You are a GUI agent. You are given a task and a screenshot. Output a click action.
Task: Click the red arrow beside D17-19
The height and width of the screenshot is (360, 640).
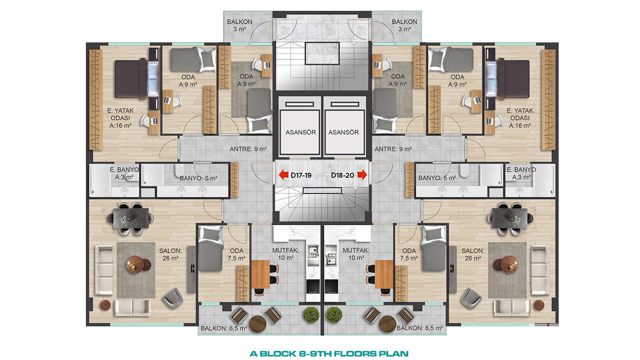pos(283,175)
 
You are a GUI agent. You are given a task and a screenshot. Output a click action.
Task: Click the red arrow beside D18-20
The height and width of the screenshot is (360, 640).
pos(362,175)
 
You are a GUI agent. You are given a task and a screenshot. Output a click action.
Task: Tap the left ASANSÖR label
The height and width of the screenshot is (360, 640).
pos(301,132)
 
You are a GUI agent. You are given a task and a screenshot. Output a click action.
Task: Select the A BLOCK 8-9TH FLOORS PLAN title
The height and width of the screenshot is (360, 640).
pos(329,354)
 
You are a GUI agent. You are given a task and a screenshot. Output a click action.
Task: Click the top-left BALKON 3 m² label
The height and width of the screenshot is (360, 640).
pos(240,26)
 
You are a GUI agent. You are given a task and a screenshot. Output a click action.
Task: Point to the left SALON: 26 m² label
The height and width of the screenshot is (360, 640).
pos(170,254)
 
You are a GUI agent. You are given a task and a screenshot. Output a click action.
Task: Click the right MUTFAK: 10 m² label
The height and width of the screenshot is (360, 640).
pos(356,254)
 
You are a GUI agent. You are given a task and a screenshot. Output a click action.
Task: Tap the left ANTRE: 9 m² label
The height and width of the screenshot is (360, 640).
pos(248,149)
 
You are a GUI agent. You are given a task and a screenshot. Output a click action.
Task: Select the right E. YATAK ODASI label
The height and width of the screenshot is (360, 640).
pos(520,118)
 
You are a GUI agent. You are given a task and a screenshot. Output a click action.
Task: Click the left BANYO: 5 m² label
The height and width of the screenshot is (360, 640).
pos(198,179)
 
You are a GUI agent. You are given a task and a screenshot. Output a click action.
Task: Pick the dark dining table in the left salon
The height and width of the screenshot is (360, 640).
pos(131,218)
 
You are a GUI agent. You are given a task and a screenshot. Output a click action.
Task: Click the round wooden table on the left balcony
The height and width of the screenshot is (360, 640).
pos(258,324)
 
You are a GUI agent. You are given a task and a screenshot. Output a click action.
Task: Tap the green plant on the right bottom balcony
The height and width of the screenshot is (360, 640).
pos(334,315)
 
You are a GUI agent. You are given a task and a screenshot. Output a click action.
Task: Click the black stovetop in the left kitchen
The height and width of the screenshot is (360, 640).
pos(313,286)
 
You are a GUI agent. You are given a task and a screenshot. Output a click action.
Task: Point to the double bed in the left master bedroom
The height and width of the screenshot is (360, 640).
pos(137,78)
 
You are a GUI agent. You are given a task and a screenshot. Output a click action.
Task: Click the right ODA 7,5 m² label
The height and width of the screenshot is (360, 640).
pos(409,254)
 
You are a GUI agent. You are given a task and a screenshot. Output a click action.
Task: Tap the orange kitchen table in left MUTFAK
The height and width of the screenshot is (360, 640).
pos(260,274)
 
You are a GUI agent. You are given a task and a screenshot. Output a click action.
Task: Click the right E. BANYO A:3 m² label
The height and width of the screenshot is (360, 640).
pos(521,173)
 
